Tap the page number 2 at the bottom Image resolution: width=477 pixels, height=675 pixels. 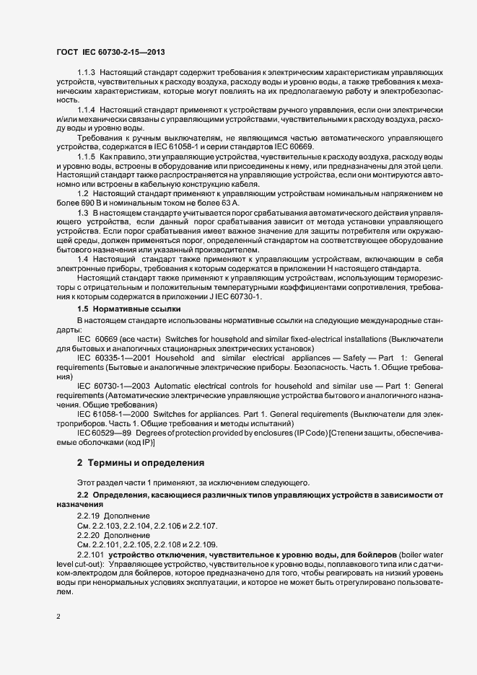[59, 618]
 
